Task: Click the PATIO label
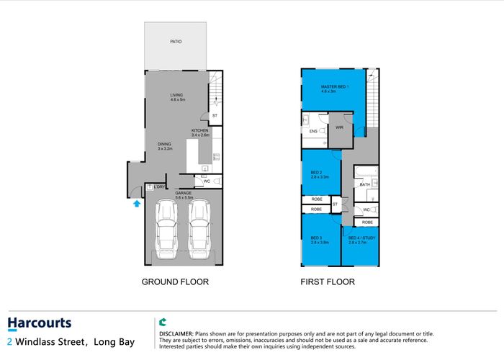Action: (x=176, y=42)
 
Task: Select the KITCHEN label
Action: (x=199, y=130)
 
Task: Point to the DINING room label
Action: (x=165, y=143)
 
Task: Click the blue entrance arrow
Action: (x=136, y=204)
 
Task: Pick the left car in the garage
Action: (x=166, y=230)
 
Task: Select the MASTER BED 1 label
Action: (x=335, y=87)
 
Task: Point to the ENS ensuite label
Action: (x=313, y=131)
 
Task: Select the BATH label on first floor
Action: (x=364, y=184)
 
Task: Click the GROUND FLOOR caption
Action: (x=175, y=282)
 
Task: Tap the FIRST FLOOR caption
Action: (x=328, y=282)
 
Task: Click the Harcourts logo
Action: (x=39, y=323)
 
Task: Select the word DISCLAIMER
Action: (x=176, y=334)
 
